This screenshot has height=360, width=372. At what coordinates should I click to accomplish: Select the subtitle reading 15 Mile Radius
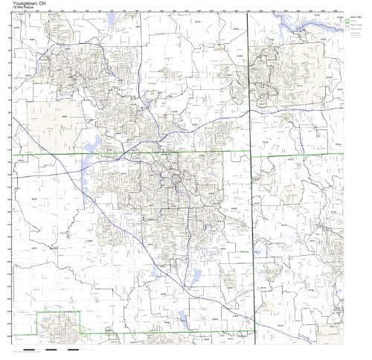pyautogui.click(x=19, y=9)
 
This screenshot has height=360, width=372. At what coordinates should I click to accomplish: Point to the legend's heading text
pyautogui.click(x=355, y=16)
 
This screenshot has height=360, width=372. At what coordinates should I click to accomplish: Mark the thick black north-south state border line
pyautogui.click(x=248, y=223)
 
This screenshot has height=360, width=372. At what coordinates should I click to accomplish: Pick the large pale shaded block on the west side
pyautogui.click(x=46, y=115)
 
